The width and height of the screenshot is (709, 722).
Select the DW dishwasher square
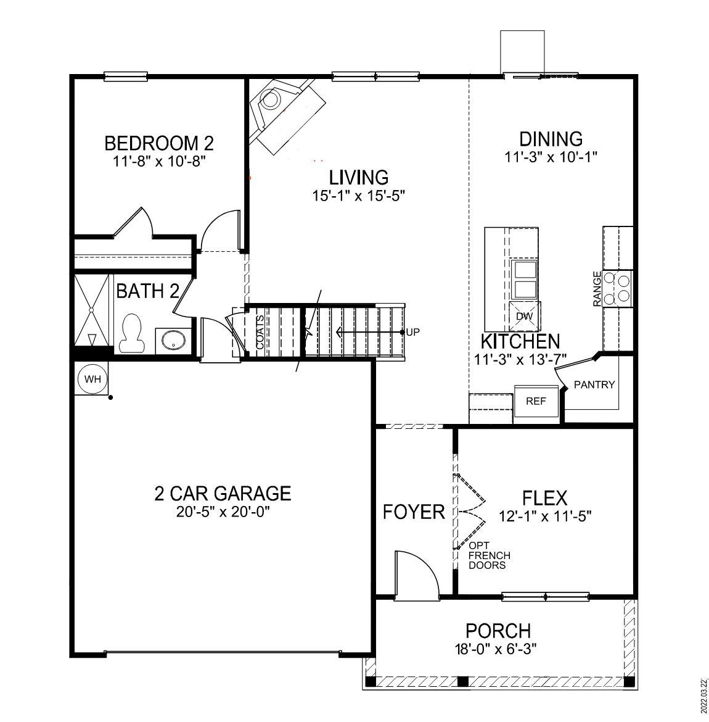[524, 316]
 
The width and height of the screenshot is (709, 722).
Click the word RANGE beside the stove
[597, 289]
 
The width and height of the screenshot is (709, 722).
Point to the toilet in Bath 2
[130, 333]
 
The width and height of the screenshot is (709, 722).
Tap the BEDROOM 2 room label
[158, 144]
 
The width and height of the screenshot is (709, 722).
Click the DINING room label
[551, 139]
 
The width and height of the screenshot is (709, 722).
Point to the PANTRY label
[594, 385]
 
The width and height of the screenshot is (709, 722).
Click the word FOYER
[414, 512]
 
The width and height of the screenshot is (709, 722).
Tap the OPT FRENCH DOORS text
[489, 555]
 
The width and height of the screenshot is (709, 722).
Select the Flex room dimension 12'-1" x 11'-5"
[545, 516]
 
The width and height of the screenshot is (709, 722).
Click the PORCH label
[498, 631]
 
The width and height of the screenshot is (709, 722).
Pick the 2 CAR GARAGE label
[222, 493]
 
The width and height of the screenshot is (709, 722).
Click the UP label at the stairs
[413, 333]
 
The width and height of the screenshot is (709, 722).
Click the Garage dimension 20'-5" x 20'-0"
[223, 512]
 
